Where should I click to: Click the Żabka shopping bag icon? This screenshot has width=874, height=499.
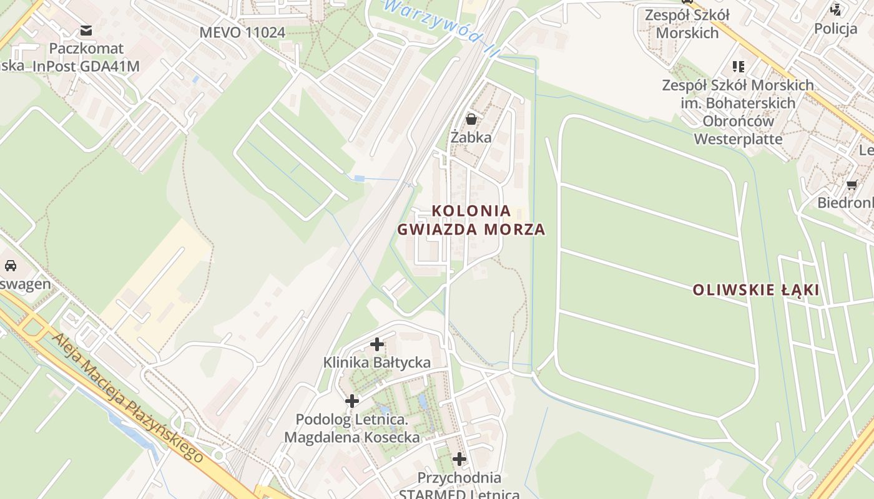click(471, 119)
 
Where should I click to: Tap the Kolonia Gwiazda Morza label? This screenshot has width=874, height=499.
click(471, 220)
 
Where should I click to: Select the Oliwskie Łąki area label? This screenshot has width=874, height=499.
click(756, 289)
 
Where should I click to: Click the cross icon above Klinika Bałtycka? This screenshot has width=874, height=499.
click(377, 344)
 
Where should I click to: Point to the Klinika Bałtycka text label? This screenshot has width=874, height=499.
click(376, 362)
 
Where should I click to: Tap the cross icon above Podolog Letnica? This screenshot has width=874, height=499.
click(352, 400)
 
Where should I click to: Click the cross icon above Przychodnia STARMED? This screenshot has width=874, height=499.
click(459, 459)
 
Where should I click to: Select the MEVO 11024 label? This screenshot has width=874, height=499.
click(242, 32)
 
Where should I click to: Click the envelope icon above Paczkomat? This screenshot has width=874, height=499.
click(86, 30)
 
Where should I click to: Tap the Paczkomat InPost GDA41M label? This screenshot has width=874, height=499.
click(86, 57)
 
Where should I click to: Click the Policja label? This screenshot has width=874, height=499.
click(835, 28)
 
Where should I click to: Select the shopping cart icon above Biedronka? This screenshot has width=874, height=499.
click(852, 185)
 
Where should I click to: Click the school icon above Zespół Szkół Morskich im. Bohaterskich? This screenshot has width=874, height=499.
click(739, 66)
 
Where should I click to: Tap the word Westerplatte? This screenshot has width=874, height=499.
click(738, 138)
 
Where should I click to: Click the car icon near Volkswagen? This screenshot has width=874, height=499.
click(11, 265)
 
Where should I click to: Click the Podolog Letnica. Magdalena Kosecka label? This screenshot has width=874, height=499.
click(352, 428)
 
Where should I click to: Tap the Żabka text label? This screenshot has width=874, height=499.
click(471, 137)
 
